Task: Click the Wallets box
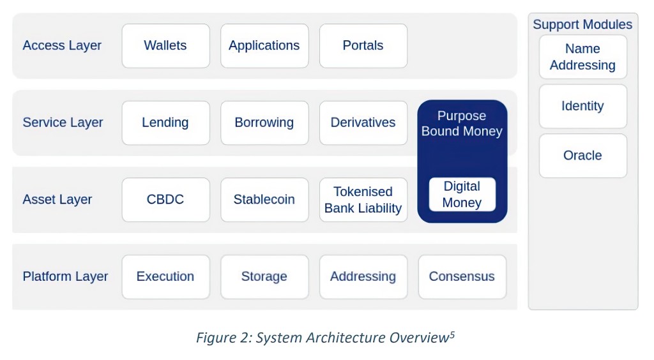pyautogui.click(x=165, y=46)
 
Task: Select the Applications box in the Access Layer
pyautogui.click(x=264, y=46)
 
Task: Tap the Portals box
pyautogui.click(x=363, y=46)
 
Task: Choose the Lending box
pyautogui.click(x=165, y=123)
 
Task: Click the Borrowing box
pyautogui.click(x=264, y=123)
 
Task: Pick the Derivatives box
pyautogui.click(x=363, y=123)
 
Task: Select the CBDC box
pyautogui.click(x=165, y=200)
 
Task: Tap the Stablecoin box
pyautogui.click(x=264, y=200)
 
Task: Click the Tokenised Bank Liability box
pyautogui.click(x=363, y=200)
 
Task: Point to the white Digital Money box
pyautogui.click(x=462, y=195)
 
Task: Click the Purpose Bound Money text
pyautogui.click(x=462, y=124)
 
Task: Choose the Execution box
pyautogui.click(x=165, y=276)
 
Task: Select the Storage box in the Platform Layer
pyautogui.click(x=264, y=276)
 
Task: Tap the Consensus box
pyautogui.click(x=462, y=276)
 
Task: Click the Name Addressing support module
pyautogui.click(x=582, y=57)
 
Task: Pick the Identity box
pyautogui.click(x=582, y=106)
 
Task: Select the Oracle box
pyautogui.click(x=582, y=155)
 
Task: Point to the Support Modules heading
pyautogui.click(x=582, y=25)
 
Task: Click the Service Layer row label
pyautogui.click(x=63, y=123)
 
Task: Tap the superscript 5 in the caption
pyautogui.click(x=452, y=334)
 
